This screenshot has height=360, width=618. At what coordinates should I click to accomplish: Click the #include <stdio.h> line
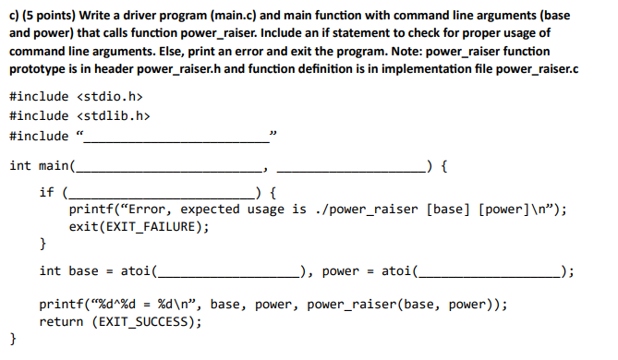[x=77, y=96]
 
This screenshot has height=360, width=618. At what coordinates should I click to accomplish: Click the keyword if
[x=46, y=192]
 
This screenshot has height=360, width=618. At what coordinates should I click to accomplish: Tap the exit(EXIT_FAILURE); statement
[x=139, y=226]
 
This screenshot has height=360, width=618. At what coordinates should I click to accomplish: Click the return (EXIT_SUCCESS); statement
[x=120, y=322]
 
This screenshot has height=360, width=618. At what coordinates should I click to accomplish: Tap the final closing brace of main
[x=13, y=340]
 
